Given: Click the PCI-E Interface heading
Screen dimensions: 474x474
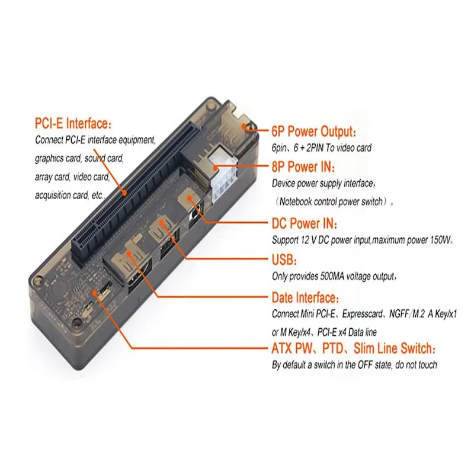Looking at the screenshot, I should point(72,124).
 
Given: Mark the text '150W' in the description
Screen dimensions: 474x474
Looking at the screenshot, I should point(440,241).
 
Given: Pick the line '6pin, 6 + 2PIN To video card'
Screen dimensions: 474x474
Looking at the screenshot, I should point(322,148).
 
